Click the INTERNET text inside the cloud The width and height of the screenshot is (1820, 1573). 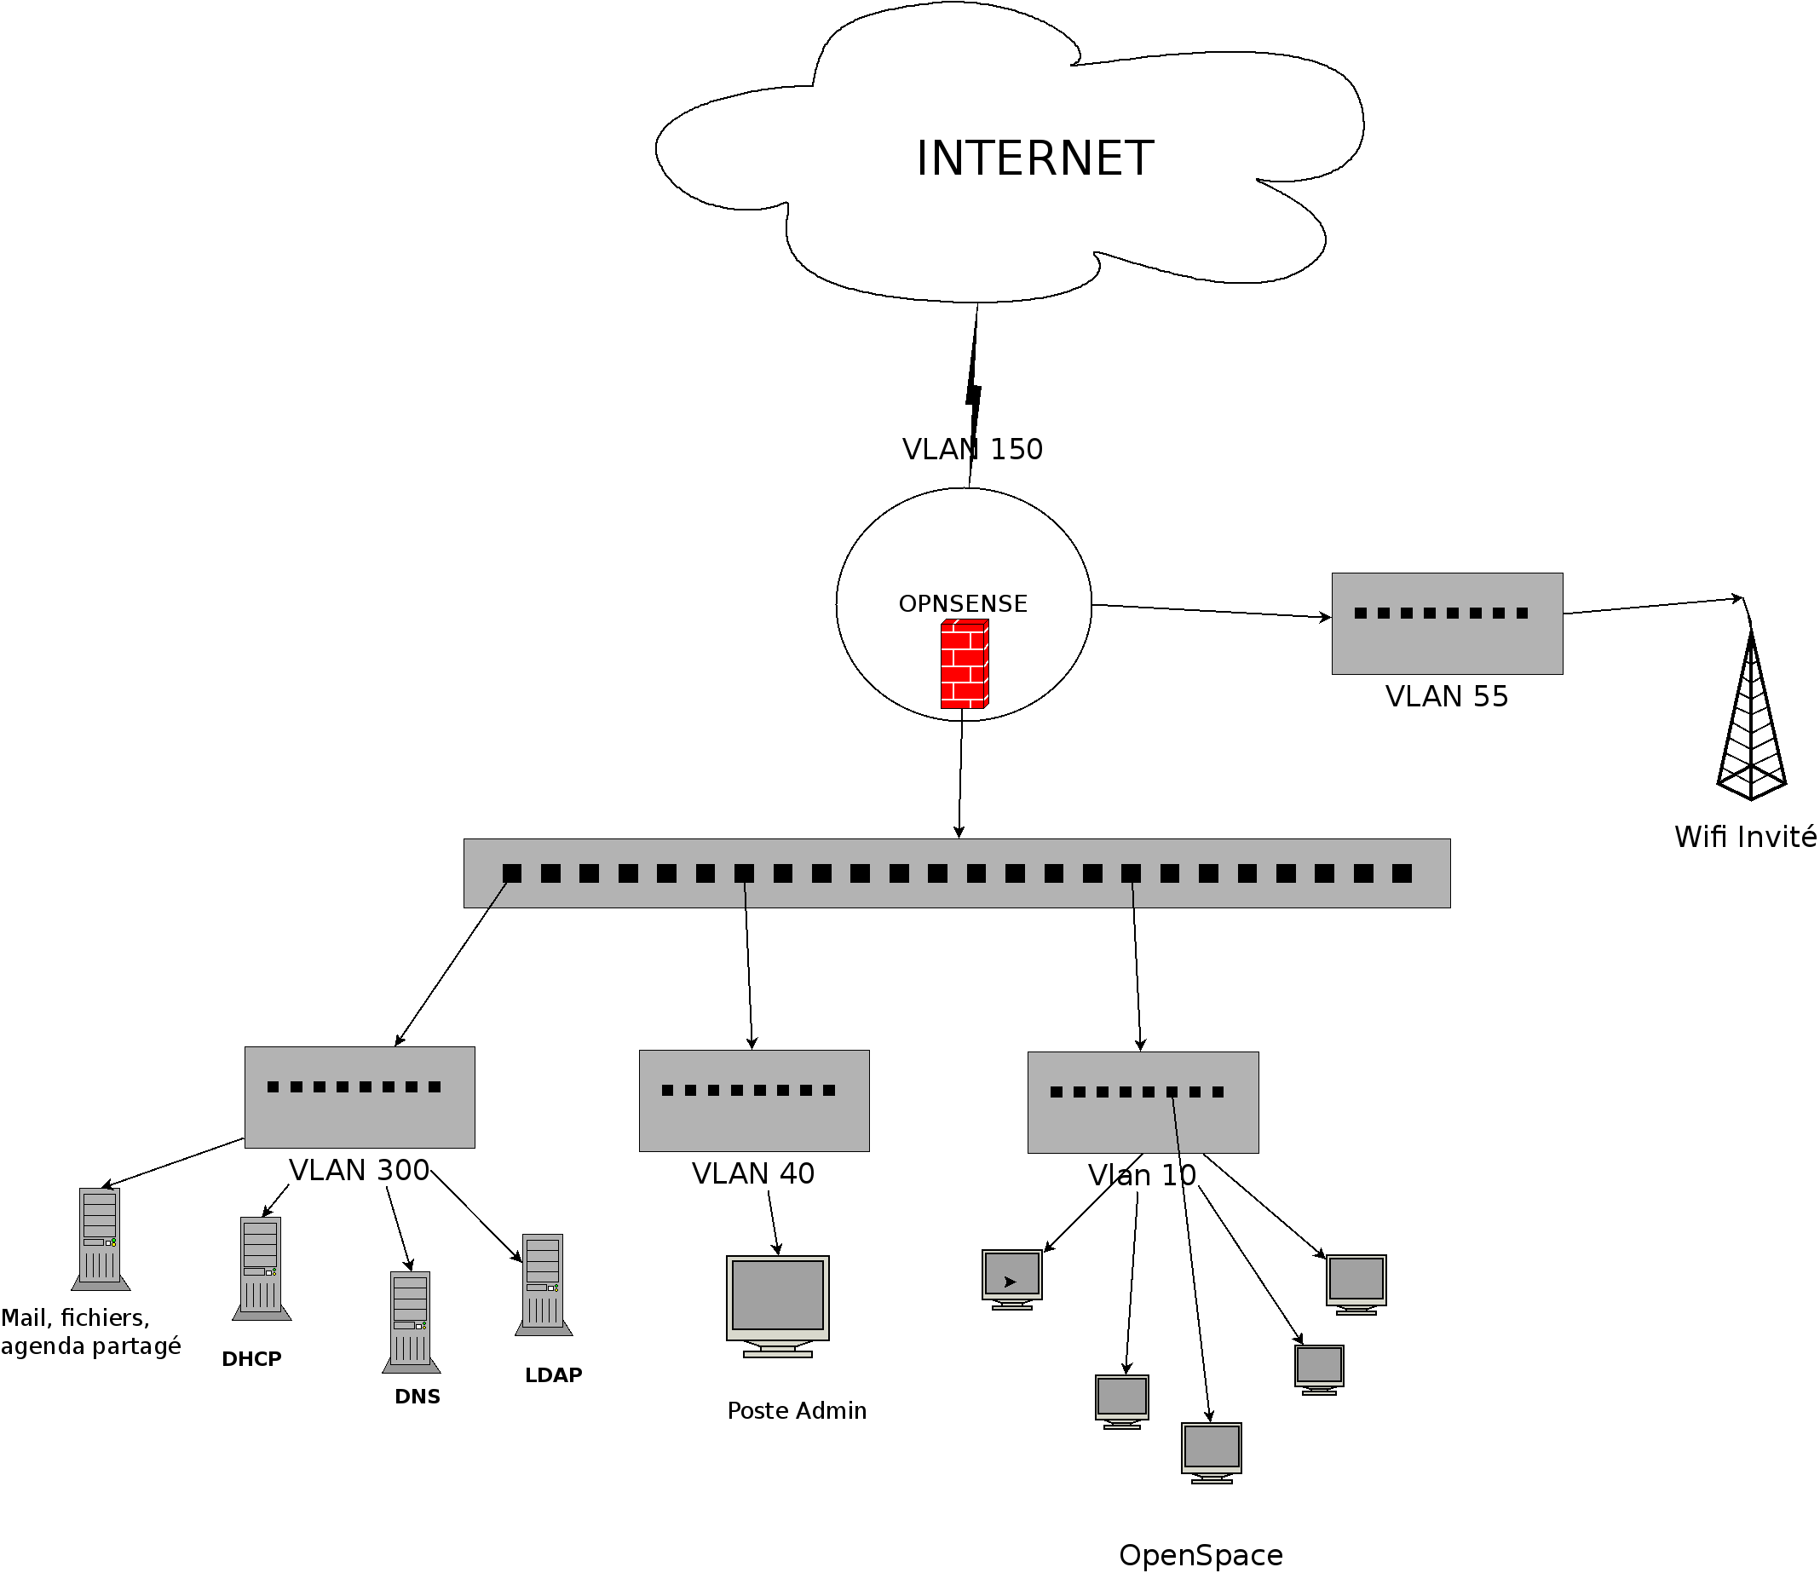[1034, 159]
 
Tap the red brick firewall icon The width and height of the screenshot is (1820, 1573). [965, 664]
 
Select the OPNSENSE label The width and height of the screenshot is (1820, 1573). [963, 604]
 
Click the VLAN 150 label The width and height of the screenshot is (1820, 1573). [972, 450]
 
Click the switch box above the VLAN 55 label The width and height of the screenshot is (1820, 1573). [1447, 624]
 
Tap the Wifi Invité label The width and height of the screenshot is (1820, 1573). [1744, 837]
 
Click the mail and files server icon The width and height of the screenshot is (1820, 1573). [101, 1238]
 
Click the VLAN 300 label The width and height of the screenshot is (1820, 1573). [359, 1171]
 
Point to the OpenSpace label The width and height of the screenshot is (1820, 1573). [1201, 1555]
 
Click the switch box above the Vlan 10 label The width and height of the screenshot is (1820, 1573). [1143, 1103]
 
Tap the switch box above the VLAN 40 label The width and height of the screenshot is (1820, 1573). [754, 1100]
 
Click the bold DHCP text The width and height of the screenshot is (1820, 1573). [251, 1360]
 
